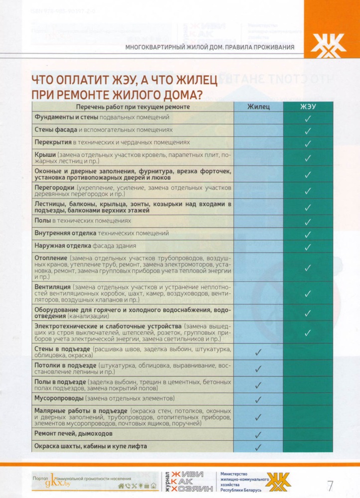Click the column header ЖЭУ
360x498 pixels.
[x=308, y=107]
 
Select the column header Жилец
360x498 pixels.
[x=258, y=107]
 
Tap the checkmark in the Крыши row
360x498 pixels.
[x=308, y=158]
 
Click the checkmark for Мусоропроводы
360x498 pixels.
[x=258, y=399]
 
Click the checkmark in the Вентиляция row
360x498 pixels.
[x=308, y=294]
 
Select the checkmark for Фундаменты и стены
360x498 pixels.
[x=308, y=118]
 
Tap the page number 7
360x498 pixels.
[x=330, y=485]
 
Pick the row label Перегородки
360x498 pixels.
[x=54, y=187]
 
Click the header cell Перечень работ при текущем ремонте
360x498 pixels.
[x=132, y=107]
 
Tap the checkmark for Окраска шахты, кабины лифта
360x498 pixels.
[x=258, y=447]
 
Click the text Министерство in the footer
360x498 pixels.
[x=237, y=474]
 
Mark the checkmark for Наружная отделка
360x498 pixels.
[x=308, y=246]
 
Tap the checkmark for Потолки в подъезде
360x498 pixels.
[x=258, y=369]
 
